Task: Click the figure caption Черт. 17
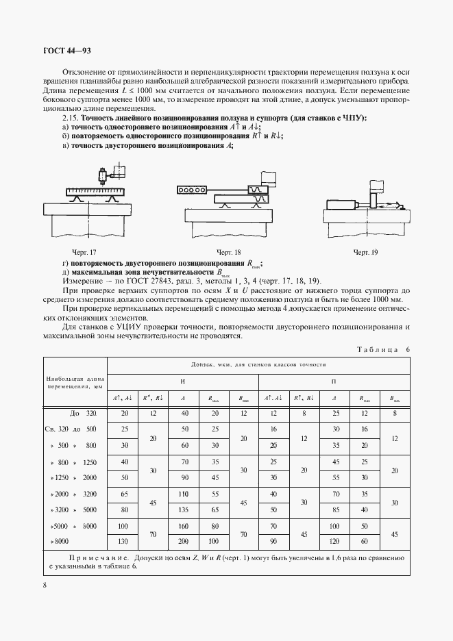(x=84, y=253)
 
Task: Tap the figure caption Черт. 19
(x=365, y=253)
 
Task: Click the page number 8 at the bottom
(x=44, y=585)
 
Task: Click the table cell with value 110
(x=183, y=493)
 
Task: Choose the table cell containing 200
(x=183, y=540)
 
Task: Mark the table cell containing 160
(x=183, y=525)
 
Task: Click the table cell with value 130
(x=124, y=540)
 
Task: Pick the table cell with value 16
(x=273, y=429)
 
